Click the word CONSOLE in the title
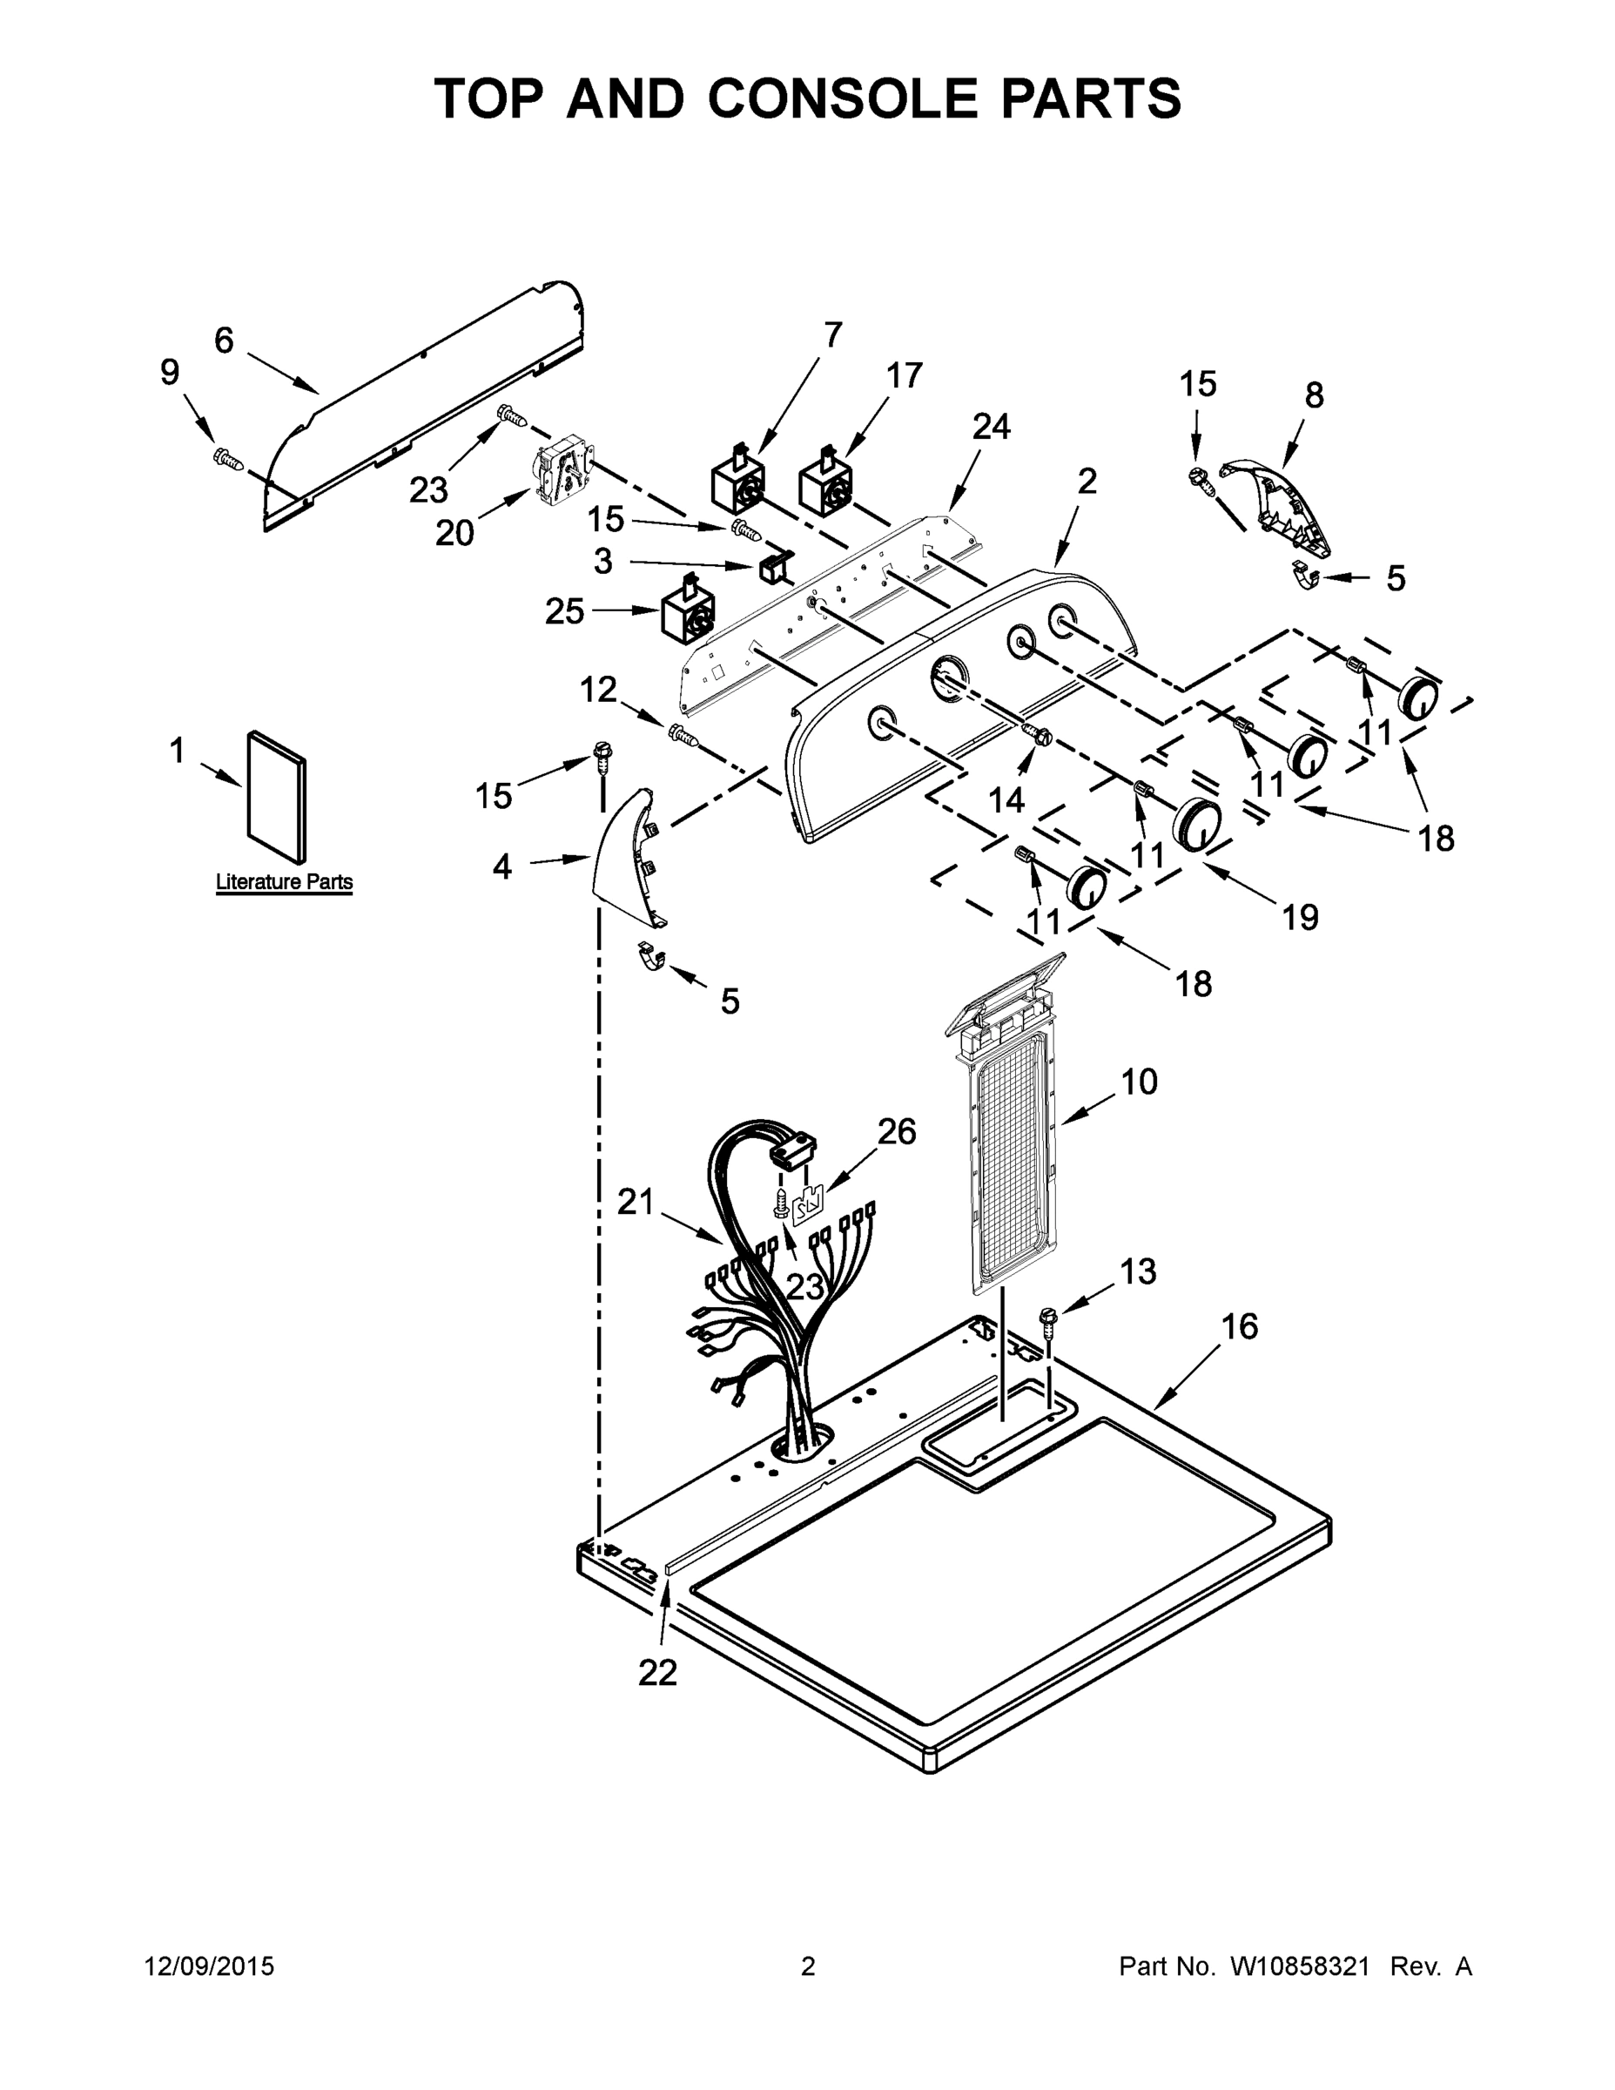tap(842, 98)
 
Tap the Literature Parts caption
tap(284, 882)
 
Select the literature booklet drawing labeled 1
tap(278, 796)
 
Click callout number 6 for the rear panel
tap(224, 340)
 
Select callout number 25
tap(564, 611)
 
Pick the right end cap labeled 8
tap(1282, 510)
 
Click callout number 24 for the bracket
tap(991, 427)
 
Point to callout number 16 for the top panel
tap(1239, 1327)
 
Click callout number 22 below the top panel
tap(658, 1672)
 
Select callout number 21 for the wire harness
tap(636, 1201)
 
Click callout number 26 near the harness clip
tap(897, 1132)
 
